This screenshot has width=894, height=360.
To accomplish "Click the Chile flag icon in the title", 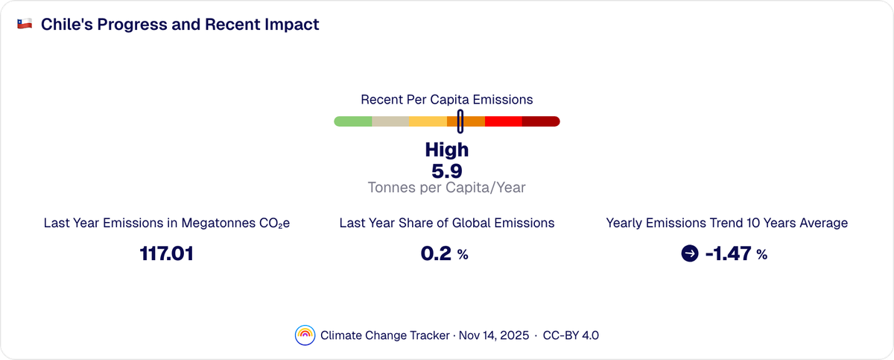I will click(25, 25).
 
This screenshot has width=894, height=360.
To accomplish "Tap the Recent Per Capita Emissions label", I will click(446, 99).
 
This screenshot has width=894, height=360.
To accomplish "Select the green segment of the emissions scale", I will click(353, 121).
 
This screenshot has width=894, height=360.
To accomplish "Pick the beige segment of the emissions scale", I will click(390, 121).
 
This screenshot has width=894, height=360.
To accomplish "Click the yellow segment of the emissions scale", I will click(428, 121).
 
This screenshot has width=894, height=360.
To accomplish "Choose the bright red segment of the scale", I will click(504, 121).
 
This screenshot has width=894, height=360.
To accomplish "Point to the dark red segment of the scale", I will click(541, 121).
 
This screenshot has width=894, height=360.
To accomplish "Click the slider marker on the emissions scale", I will click(460, 121).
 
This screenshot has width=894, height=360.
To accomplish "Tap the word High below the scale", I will click(446, 150).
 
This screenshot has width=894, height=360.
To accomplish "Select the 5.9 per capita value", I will click(446, 171).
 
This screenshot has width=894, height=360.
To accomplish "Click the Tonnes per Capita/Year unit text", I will click(446, 188).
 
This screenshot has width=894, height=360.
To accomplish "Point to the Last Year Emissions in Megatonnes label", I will click(167, 223).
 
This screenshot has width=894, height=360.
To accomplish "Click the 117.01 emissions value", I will click(167, 254).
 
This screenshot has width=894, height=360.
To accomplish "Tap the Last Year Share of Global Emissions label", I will click(446, 223).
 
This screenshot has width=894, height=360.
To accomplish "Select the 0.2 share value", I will click(437, 254).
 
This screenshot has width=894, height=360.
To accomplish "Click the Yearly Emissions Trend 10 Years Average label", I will click(726, 223).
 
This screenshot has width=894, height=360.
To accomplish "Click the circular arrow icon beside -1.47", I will click(690, 254).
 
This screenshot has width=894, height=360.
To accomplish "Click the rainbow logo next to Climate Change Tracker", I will click(305, 335).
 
